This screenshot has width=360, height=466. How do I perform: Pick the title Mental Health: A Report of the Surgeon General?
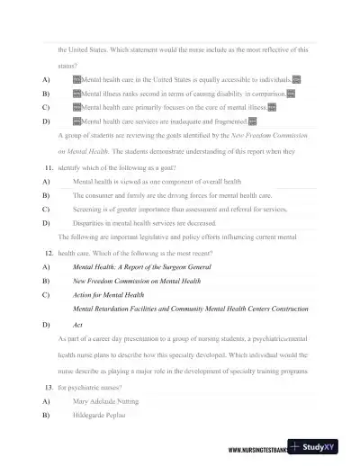point(141,268)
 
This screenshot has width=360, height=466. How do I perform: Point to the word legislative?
point(174,236)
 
